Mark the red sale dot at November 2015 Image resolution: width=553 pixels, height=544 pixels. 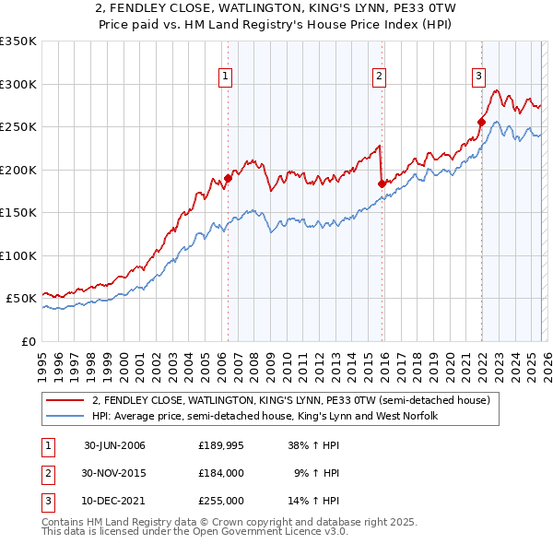[382, 183]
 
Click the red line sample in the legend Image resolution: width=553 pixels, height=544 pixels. [66, 400]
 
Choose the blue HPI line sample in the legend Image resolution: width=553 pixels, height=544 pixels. [66, 416]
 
